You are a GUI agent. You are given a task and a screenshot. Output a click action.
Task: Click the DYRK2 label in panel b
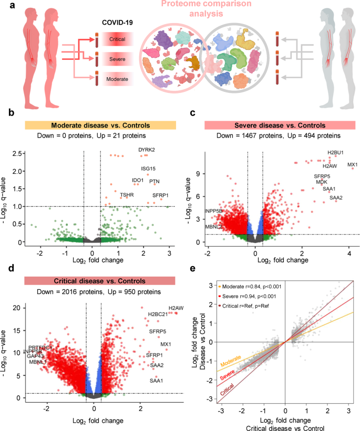click(147, 150)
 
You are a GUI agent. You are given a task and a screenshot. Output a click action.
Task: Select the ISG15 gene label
click(149, 169)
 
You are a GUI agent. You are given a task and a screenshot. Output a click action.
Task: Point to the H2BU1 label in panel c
click(335, 153)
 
